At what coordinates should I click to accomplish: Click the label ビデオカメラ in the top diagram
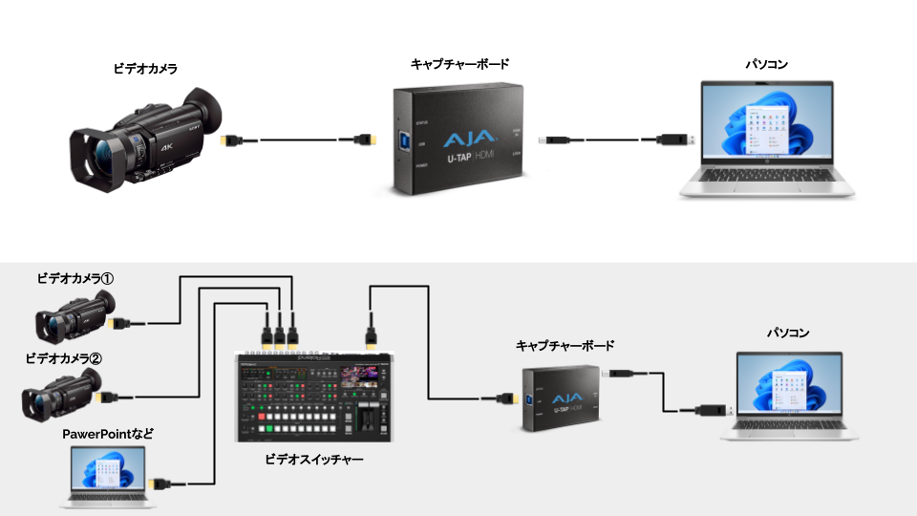click(144, 69)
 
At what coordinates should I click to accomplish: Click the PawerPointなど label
click(108, 434)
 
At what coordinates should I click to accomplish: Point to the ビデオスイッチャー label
click(314, 460)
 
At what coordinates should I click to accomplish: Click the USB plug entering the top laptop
click(674, 140)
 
